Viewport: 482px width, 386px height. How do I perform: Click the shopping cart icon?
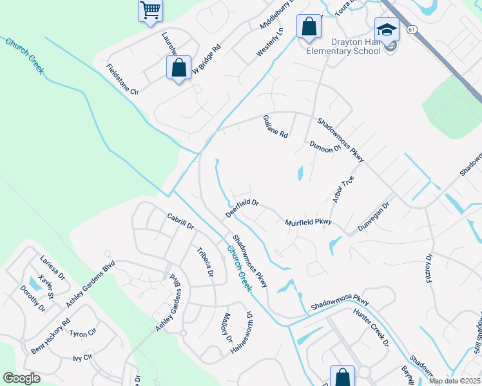click(150, 10)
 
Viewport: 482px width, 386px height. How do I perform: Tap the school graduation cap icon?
click(387, 30)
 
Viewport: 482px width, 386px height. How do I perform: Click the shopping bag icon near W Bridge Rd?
click(178, 68)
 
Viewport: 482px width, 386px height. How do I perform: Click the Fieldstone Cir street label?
click(122, 79)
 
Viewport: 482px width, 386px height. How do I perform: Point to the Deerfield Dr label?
click(242, 207)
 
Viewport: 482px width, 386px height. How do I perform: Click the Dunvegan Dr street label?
click(374, 218)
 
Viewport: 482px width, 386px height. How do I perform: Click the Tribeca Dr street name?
click(205, 261)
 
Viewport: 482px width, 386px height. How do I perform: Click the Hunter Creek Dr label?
click(371, 326)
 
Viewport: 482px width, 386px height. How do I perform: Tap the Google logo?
click(21, 378)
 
